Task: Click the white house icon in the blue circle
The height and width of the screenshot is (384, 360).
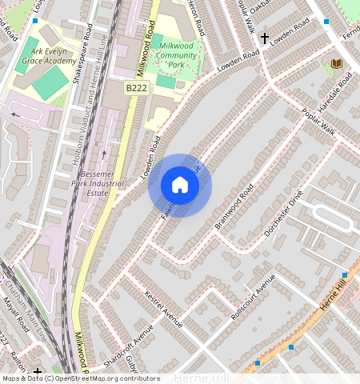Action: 180,186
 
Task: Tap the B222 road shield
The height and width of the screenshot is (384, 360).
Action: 137,87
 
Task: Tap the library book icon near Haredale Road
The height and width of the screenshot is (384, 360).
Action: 335,63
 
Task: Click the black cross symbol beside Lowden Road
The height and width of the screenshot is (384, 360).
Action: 264,38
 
